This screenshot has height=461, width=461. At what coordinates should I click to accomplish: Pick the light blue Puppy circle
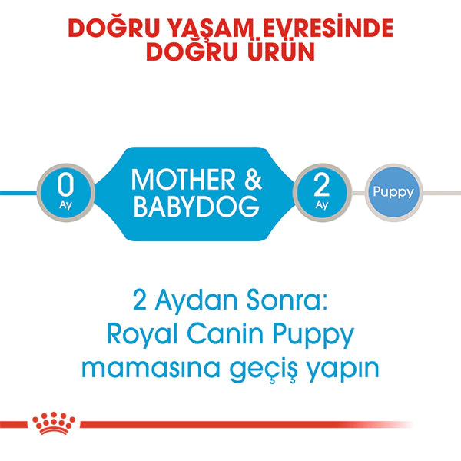click(393, 192)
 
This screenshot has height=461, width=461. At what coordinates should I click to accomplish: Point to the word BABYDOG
click(197, 208)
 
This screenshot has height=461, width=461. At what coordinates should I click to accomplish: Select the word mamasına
click(157, 368)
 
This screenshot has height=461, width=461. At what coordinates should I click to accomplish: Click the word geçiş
click(274, 370)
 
